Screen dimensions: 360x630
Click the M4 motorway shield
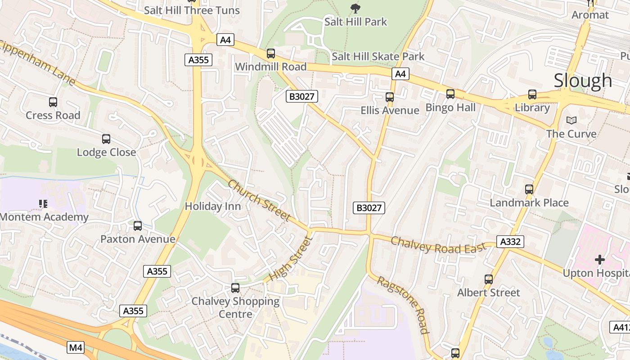pos(76,347)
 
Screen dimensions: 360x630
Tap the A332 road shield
pos(511,242)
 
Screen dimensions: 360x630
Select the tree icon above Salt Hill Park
pos(355,8)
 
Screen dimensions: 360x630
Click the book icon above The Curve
pos(571,120)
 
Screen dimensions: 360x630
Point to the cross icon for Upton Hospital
pos(599,260)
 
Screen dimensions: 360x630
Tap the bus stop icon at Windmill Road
pos(271,54)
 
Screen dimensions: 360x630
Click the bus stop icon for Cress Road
pos(53,102)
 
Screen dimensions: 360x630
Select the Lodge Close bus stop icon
pos(106,139)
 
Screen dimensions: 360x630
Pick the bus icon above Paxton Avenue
pos(138,225)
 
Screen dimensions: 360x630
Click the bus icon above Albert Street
pos(489,279)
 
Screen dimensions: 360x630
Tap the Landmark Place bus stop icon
pos(529,189)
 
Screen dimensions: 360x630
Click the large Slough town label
pos(583,81)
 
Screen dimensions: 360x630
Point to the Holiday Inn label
pos(213,207)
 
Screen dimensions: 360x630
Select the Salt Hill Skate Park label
pos(378,56)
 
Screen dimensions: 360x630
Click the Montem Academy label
pos(44,217)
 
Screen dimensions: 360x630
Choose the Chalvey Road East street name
pos(438,245)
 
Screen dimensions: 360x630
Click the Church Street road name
pos(259,200)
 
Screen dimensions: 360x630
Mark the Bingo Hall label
pos(450,108)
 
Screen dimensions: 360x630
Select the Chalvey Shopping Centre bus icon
pos(235,288)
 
